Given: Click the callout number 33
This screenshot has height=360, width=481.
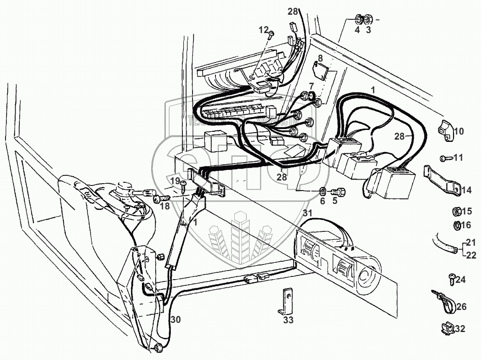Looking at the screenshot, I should [x=288, y=320].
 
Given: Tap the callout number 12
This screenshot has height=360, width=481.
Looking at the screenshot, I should [x=263, y=30].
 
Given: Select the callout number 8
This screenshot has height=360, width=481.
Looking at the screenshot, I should [x=320, y=58].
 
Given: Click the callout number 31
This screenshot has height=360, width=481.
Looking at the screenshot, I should [x=307, y=213].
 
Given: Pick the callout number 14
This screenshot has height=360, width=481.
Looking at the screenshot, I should [x=467, y=189].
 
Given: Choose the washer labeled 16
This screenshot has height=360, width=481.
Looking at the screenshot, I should [x=457, y=225].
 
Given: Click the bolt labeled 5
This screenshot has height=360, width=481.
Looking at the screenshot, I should [x=340, y=190].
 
